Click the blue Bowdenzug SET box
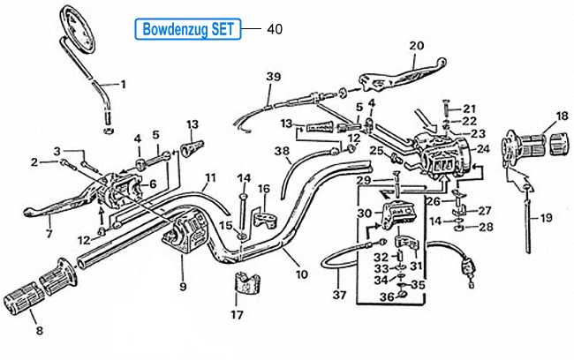188,29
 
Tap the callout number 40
275,29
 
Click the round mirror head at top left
78,29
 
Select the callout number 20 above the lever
417,46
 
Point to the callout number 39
274,77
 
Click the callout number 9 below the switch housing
183,287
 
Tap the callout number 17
238,315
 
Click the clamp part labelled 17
246,283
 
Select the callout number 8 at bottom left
40,331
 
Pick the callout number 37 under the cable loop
339,295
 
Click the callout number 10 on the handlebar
302,274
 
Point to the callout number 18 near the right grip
563,116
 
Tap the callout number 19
546,218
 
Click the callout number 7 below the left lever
49,234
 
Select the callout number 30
364,213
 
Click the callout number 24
483,149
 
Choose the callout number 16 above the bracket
263,189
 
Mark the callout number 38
282,151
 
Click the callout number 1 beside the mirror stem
123,85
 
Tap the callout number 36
387,297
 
